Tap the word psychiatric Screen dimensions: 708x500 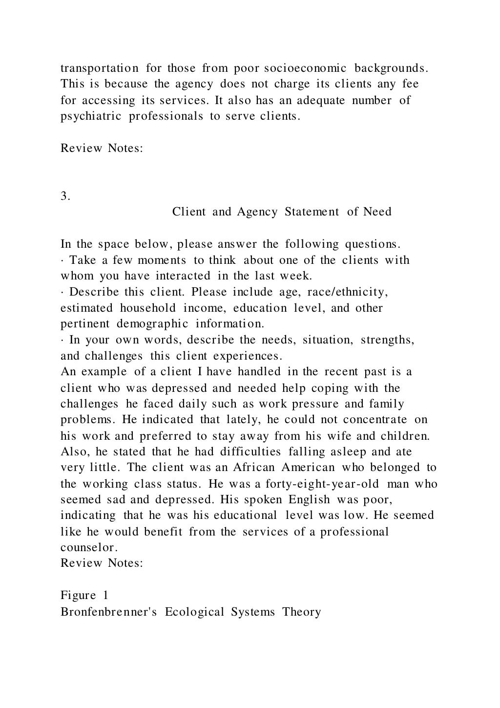[91, 116]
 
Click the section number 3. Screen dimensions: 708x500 [65, 196]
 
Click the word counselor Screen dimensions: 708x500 [89, 548]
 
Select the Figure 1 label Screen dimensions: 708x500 [84, 595]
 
